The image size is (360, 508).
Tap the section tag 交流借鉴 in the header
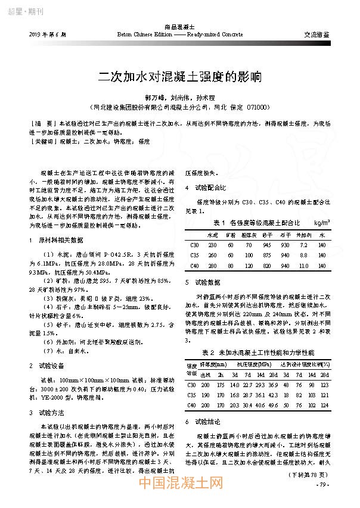click(317, 35)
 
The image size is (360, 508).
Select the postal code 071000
click(260, 107)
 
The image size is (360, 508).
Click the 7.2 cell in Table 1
click(305, 245)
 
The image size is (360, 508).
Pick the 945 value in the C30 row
click(266, 245)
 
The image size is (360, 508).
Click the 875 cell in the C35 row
click(266, 255)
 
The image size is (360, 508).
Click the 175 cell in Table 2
click(221, 385)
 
